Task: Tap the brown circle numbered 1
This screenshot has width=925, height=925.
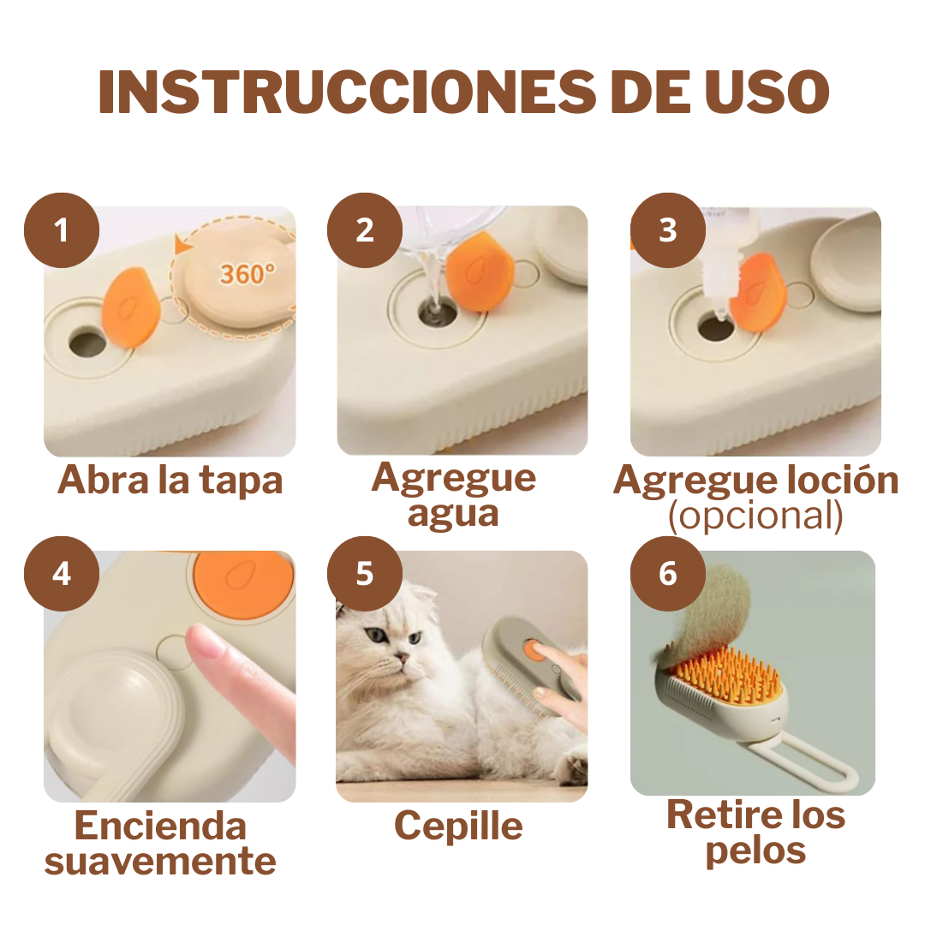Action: click(x=62, y=230)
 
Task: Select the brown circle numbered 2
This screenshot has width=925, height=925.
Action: click(x=365, y=230)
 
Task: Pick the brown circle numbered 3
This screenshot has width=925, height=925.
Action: click(x=668, y=230)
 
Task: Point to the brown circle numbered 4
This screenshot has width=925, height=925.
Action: click(x=62, y=574)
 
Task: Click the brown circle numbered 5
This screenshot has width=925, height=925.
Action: click(x=365, y=574)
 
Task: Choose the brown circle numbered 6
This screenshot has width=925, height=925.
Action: click(x=668, y=574)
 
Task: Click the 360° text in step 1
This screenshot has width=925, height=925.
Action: click(x=248, y=273)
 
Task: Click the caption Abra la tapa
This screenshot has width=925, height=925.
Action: click(x=170, y=480)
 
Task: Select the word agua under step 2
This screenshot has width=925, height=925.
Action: click(x=453, y=514)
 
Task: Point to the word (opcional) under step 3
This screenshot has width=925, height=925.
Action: click(x=755, y=516)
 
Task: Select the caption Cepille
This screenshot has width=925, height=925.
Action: click(x=458, y=827)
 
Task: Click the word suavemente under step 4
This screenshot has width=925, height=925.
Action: click(x=160, y=861)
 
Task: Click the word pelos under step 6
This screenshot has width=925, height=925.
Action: click(x=755, y=850)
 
